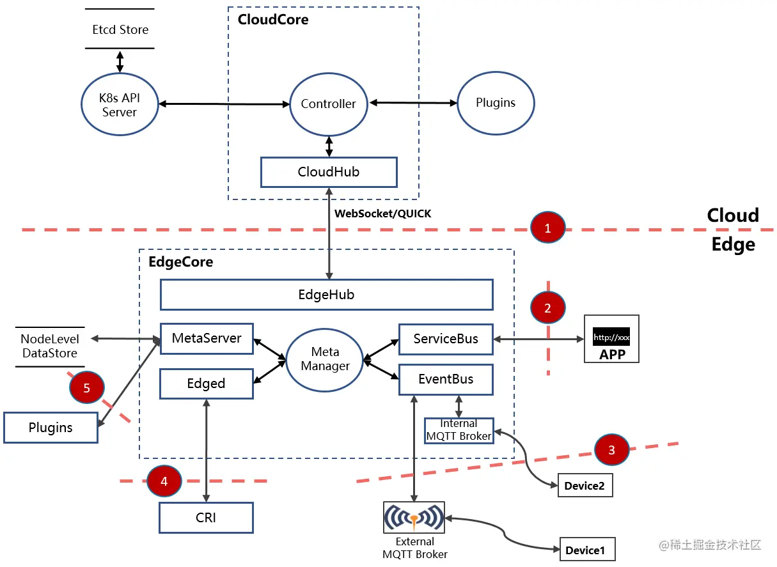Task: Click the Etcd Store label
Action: (x=120, y=29)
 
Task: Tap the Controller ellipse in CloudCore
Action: (x=328, y=104)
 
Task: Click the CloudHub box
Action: (x=329, y=172)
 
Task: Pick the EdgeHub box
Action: (x=326, y=295)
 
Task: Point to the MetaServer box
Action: (x=207, y=338)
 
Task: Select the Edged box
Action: (x=207, y=384)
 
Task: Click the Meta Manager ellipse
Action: (x=324, y=360)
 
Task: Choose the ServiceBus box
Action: (x=446, y=339)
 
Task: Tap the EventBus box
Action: (x=446, y=379)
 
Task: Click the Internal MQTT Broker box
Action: (x=459, y=430)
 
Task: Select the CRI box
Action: (x=206, y=518)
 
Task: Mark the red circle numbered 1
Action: (x=547, y=228)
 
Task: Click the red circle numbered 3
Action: (x=611, y=450)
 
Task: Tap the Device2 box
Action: (x=585, y=486)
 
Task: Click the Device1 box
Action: (x=585, y=550)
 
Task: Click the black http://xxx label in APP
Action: (x=611, y=337)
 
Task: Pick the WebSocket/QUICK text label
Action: (x=383, y=214)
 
